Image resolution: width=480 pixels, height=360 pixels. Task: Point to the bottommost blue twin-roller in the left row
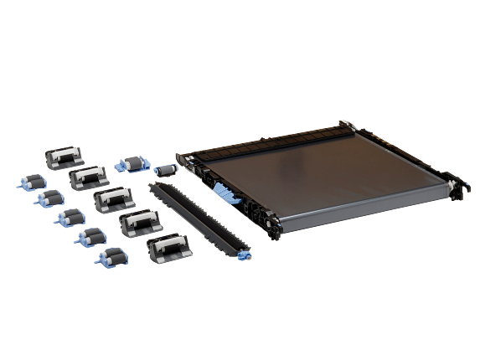tap(106, 256)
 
